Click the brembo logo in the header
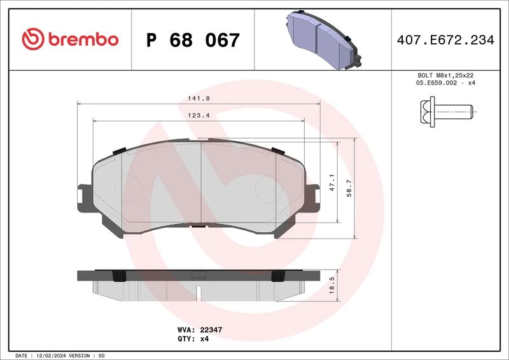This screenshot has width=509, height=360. pos(70,39)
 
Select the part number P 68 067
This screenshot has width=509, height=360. pos(193,40)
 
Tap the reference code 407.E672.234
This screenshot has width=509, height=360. pos(445,40)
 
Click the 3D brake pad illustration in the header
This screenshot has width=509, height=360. pos(324,39)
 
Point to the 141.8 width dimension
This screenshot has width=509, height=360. pos(199,99)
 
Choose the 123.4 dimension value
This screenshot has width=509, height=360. pos(199,115)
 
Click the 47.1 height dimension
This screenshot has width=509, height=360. pos(331,182)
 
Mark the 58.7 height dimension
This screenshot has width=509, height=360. pos(349,188)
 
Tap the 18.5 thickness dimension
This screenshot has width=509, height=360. pos(331,286)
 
